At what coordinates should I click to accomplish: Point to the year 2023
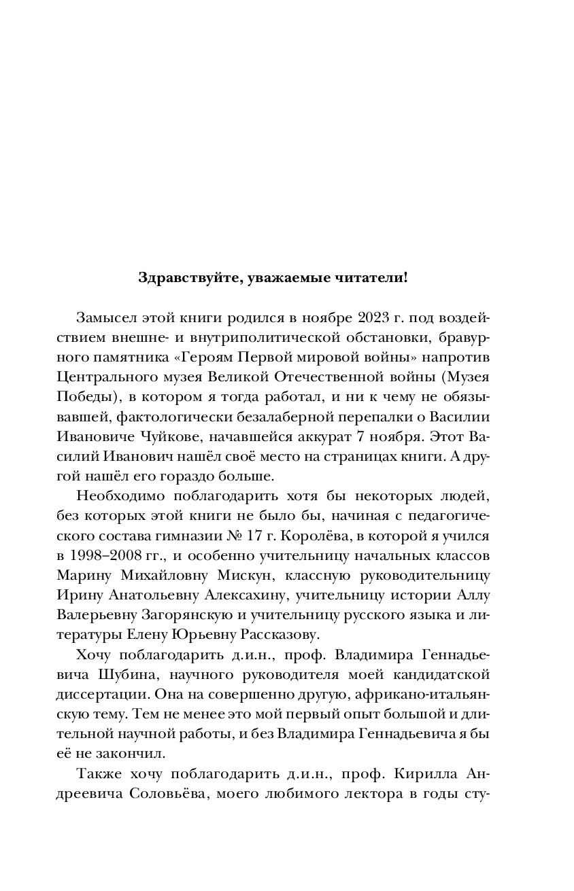(x=371, y=319)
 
